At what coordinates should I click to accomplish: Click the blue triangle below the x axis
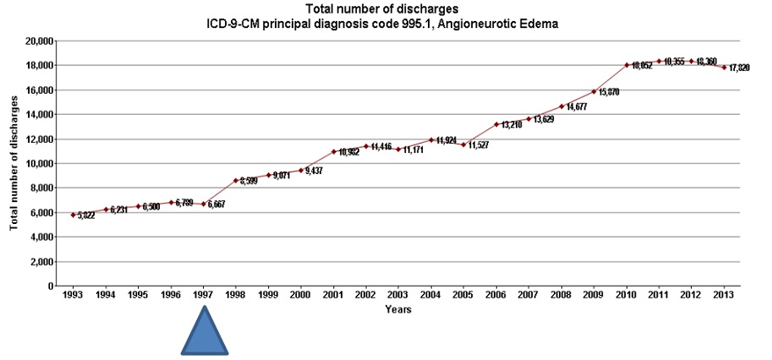pyautogui.click(x=205, y=331)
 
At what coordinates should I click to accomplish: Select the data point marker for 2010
pyautogui.click(x=627, y=65)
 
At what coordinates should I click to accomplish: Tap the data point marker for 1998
pyautogui.click(x=237, y=181)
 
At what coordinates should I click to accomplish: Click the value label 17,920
pyautogui.click(x=742, y=68)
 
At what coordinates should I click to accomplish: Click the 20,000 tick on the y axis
pyautogui.click(x=40, y=41)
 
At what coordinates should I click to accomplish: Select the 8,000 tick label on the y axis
pyautogui.click(x=42, y=188)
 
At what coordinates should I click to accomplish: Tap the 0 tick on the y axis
pyautogui.click(x=52, y=286)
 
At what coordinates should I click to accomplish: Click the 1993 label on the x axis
pyautogui.click(x=74, y=296)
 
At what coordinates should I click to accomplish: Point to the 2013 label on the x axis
pyautogui.click(x=724, y=296)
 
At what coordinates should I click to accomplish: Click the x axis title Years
pyautogui.click(x=398, y=310)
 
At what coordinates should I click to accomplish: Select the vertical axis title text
pyautogui.click(x=14, y=164)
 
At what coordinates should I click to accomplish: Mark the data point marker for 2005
pyautogui.click(x=463, y=145)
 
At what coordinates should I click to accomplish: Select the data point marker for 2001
pyautogui.click(x=334, y=152)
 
